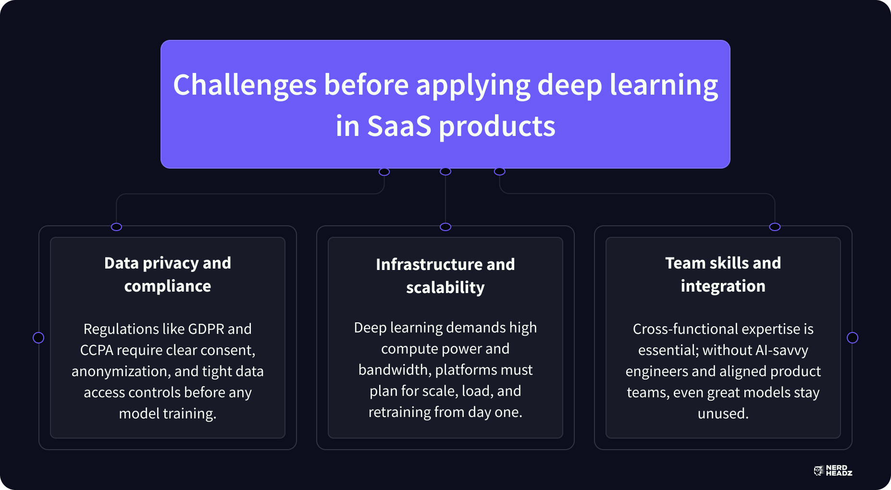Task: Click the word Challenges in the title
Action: [245, 85]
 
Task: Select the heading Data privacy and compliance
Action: [168, 274]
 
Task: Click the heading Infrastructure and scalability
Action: [445, 276]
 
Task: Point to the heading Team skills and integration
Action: [723, 274]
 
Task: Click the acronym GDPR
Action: [206, 329]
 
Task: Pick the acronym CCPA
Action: [97, 350]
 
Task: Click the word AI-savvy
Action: [781, 350]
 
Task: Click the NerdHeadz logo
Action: [833, 471]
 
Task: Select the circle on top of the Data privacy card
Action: [116, 227]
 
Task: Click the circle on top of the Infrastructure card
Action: [445, 227]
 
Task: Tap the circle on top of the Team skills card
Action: [775, 227]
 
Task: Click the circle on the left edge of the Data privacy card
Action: [38, 338]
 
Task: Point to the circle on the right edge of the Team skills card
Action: [853, 338]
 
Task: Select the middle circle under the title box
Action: [445, 171]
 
